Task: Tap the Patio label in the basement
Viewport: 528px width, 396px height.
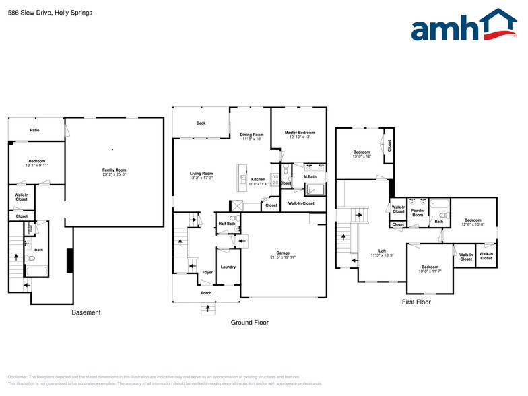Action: click(x=34, y=130)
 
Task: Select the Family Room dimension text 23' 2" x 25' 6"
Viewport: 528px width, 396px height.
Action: click(x=114, y=174)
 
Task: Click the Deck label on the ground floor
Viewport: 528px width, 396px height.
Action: click(x=201, y=123)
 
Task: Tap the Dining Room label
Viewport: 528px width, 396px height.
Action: click(x=252, y=135)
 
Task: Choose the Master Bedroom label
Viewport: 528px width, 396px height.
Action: click(x=299, y=133)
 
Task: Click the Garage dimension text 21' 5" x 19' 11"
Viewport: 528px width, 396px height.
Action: click(x=283, y=257)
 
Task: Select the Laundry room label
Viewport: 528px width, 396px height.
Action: click(x=228, y=267)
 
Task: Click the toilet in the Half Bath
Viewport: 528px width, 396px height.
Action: click(x=233, y=218)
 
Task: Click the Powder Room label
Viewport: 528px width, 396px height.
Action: click(x=418, y=213)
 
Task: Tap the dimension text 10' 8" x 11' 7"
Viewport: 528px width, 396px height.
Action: click(x=430, y=271)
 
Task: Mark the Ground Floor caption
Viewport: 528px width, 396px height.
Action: click(x=249, y=323)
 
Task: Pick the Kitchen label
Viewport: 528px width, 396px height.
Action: click(x=258, y=179)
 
